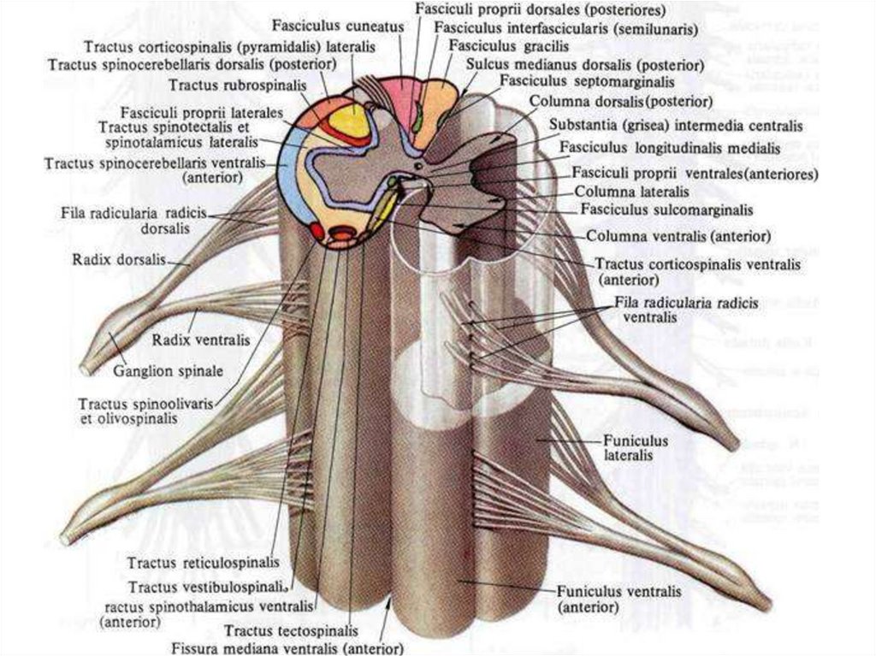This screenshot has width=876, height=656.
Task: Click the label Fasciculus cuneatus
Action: [338, 26]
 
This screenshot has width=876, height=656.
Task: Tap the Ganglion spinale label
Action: [169, 371]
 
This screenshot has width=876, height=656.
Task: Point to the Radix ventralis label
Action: [201, 340]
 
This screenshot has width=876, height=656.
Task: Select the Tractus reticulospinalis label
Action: [203, 563]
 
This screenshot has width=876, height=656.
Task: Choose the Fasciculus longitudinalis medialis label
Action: [669, 147]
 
